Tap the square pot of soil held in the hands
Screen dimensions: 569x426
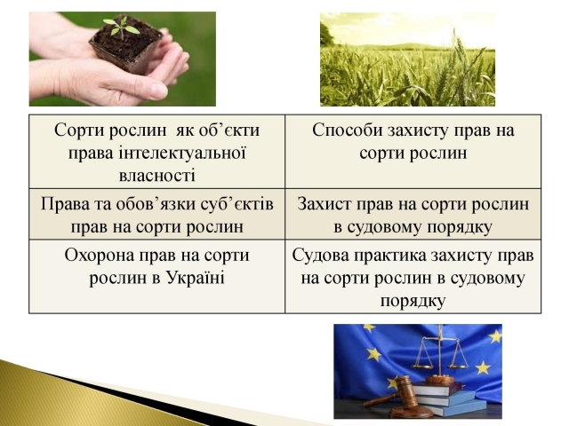click(x=126, y=50)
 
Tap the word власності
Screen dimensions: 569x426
click(x=156, y=176)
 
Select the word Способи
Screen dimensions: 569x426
click(x=348, y=130)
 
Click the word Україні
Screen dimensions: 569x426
click(x=196, y=278)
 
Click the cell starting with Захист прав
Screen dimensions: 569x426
click(x=413, y=214)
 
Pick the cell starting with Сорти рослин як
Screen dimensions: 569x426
click(x=157, y=152)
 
